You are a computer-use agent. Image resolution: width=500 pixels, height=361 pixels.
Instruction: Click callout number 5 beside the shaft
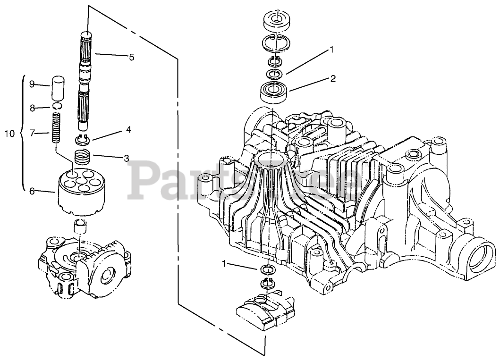click(x=131, y=58)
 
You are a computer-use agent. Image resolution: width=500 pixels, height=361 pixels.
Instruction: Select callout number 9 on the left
click(x=32, y=84)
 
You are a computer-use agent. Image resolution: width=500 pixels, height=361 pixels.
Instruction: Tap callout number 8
click(x=32, y=108)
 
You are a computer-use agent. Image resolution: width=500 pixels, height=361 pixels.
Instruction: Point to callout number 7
click(x=32, y=134)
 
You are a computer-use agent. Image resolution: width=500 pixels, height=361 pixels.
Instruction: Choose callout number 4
click(x=128, y=129)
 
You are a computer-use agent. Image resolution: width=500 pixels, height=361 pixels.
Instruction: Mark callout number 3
click(x=126, y=159)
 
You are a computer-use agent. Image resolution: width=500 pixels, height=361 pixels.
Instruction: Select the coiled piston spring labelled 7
click(x=57, y=128)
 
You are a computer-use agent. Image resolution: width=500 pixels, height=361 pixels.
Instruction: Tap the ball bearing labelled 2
click(x=274, y=90)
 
